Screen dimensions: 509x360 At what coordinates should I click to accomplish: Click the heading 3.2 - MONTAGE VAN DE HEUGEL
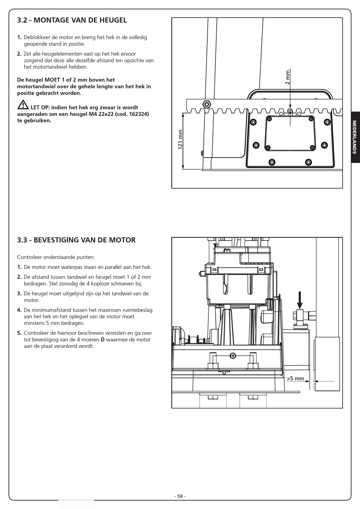tap(72, 20)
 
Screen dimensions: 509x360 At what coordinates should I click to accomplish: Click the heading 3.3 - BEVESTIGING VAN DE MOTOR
tap(76, 240)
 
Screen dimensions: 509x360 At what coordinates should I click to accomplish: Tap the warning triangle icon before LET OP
tap(23, 105)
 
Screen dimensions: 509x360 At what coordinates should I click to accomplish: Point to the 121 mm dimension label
tap(180, 139)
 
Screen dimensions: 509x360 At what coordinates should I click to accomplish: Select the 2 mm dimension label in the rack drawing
tap(287, 77)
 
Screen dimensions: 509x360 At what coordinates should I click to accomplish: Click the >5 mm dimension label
tap(296, 378)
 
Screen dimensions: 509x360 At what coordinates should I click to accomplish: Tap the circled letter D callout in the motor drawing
tap(233, 356)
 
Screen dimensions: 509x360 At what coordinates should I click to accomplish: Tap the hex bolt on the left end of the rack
tap(207, 104)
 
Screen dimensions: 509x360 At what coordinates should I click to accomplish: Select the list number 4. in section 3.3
tap(19, 310)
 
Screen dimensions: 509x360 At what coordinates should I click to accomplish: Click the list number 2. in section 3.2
tap(19, 54)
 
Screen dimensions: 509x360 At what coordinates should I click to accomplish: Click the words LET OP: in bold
tap(40, 108)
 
